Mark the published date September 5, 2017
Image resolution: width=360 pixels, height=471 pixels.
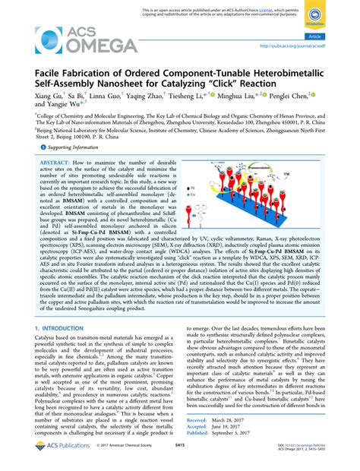[248, 433]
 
